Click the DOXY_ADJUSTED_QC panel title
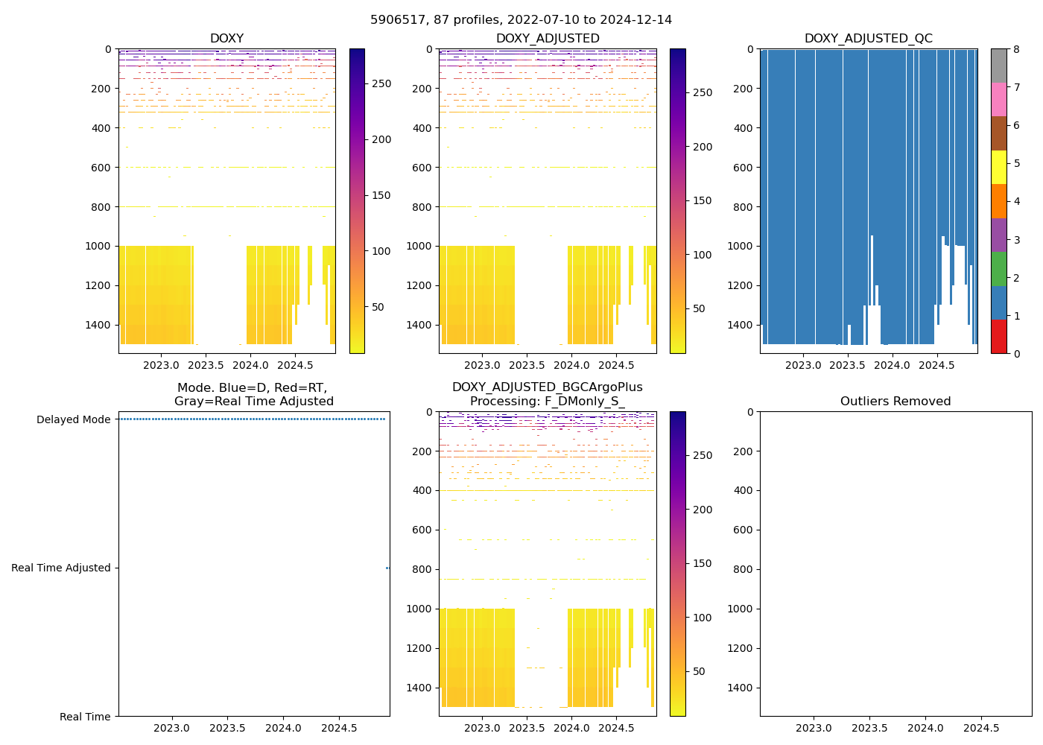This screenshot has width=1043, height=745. click(x=868, y=39)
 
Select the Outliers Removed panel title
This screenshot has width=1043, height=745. click(x=895, y=402)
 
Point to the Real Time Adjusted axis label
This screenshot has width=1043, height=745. click(x=61, y=568)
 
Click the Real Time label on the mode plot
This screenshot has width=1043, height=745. click(x=85, y=717)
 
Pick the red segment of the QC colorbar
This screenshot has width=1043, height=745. click(x=998, y=336)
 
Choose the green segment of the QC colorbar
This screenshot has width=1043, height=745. click(x=998, y=268)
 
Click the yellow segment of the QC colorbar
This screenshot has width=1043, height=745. click(x=998, y=167)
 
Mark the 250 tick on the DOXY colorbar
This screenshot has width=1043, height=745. click(x=381, y=83)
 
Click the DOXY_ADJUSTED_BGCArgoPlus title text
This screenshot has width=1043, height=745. click(x=547, y=387)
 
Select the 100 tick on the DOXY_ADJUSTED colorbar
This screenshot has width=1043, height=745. click(x=703, y=255)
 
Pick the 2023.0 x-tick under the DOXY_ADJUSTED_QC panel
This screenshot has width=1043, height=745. click(x=803, y=365)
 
